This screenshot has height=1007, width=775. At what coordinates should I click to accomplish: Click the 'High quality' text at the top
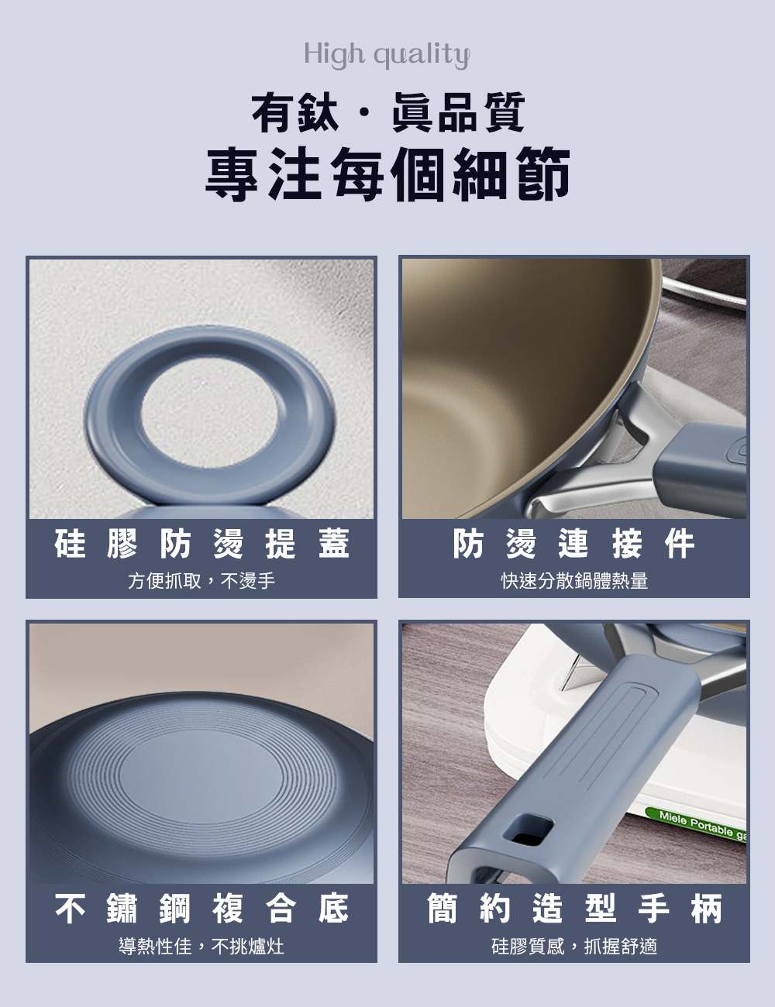[x=387, y=56]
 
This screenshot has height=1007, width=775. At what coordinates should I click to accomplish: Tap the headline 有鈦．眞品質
[x=388, y=112]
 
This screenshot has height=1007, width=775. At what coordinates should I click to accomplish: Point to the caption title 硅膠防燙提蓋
[x=201, y=543]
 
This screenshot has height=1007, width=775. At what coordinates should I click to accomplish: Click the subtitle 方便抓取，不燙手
[x=201, y=580]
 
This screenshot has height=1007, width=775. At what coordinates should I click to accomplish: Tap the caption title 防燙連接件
[x=573, y=543]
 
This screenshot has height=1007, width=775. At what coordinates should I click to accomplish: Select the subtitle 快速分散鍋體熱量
[x=574, y=580]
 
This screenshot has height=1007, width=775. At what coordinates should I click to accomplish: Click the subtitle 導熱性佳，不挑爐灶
[x=201, y=946]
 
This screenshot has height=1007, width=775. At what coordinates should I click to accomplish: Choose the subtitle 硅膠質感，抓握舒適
[x=574, y=946]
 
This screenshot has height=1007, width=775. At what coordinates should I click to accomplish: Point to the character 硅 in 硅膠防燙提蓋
[x=70, y=543]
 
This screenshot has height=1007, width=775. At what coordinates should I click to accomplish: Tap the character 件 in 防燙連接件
[x=680, y=543]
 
